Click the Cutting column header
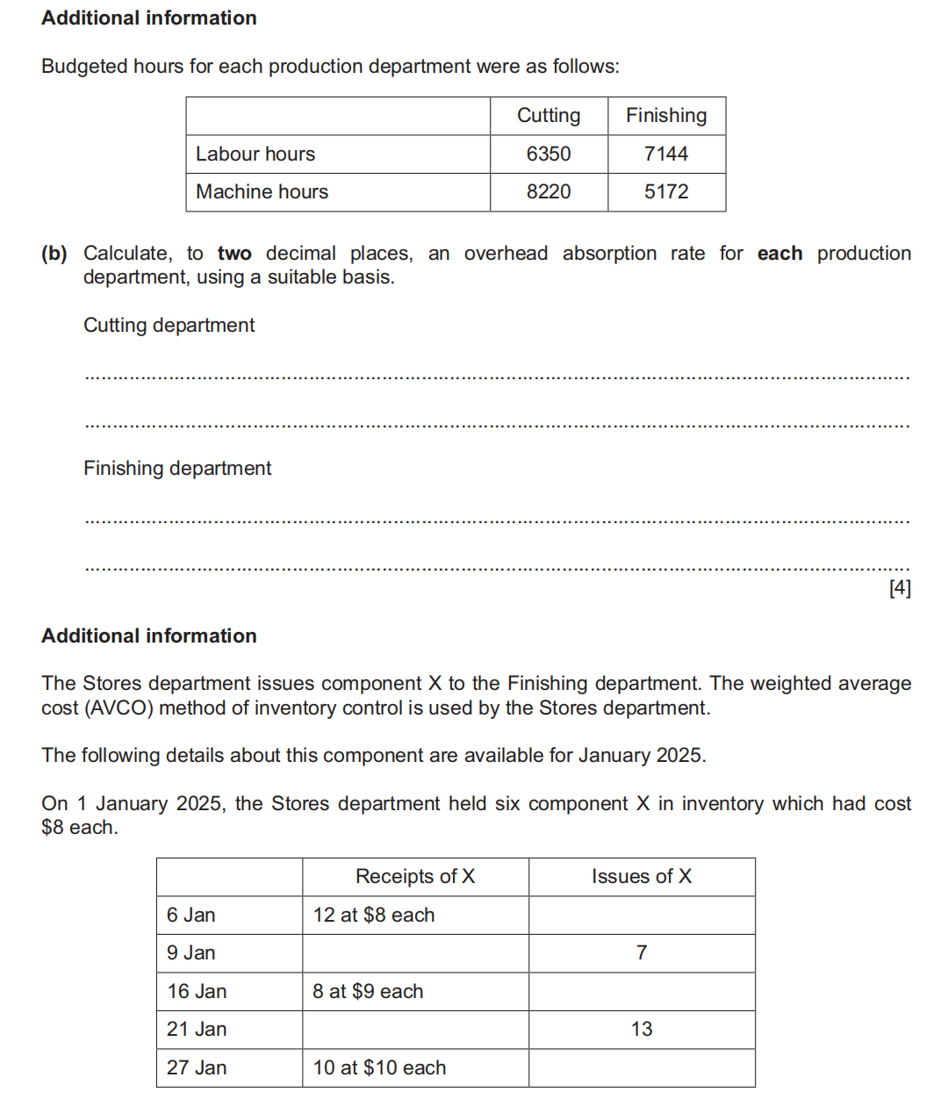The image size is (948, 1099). pyautogui.click(x=549, y=116)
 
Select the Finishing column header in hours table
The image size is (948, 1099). pyautogui.click(x=666, y=116)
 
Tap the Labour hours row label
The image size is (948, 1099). pyautogui.click(x=255, y=154)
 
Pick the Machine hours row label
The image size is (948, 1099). pyautogui.click(x=262, y=191)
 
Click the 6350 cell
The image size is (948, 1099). pyautogui.click(x=549, y=154)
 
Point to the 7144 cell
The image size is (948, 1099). pyautogui.click(x=666, y=154)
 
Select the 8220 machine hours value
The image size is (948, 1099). pyautogui.click(x=549, y=191)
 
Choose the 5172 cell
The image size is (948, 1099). pyautogui.click(x=666, y=191)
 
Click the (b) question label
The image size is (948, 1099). pyautogui.click(x=54, y=254)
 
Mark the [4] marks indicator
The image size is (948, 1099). pyautogui.click(x=900, y=588)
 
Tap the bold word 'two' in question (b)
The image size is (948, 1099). pyautogui.click(x=234, y=254)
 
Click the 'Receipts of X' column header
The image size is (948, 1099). pyautogui.click(x=415, y=876)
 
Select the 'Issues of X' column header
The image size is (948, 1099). pyautogui.click(x=642, y=876)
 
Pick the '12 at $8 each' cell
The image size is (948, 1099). pyautogui.click(x=374, y=915)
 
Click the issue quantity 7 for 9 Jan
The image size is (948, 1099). pyautogui.click(x=642, y=952)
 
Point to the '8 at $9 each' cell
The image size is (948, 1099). pyautogui.click(x=368, y=991)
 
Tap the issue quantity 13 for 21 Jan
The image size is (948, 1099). pyautogui.click(x=642, y=1029)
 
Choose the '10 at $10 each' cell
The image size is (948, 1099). pyautogui.click(x=379, y=1067)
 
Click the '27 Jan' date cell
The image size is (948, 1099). pyautogui.click(x=197, y=1067)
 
